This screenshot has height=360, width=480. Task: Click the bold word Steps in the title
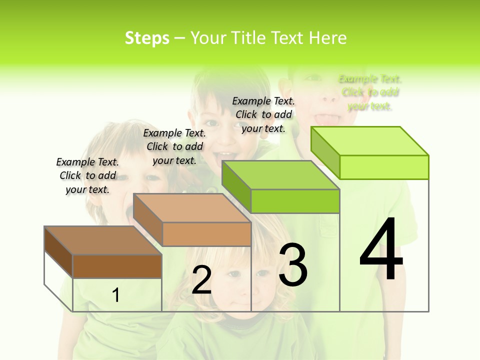tap(147, 38)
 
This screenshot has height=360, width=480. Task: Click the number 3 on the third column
tap(293, 265)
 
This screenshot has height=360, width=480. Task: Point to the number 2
tap(201, 280)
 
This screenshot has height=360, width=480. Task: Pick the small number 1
tap(116, 295)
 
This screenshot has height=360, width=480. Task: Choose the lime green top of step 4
tap(370, 141)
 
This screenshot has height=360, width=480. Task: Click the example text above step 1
tap(87, 175)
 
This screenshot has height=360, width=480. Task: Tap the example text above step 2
tap(174, 146)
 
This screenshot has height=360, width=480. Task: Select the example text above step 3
tap(263, 114)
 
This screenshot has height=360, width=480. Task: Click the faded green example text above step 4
tap(370, 92)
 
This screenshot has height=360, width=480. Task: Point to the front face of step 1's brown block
tap(117, 266)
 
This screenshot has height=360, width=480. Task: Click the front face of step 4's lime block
tap(384, 167)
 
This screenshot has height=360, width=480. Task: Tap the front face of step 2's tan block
tap(206, 234)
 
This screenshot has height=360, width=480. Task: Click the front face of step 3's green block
tap(295, 201)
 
